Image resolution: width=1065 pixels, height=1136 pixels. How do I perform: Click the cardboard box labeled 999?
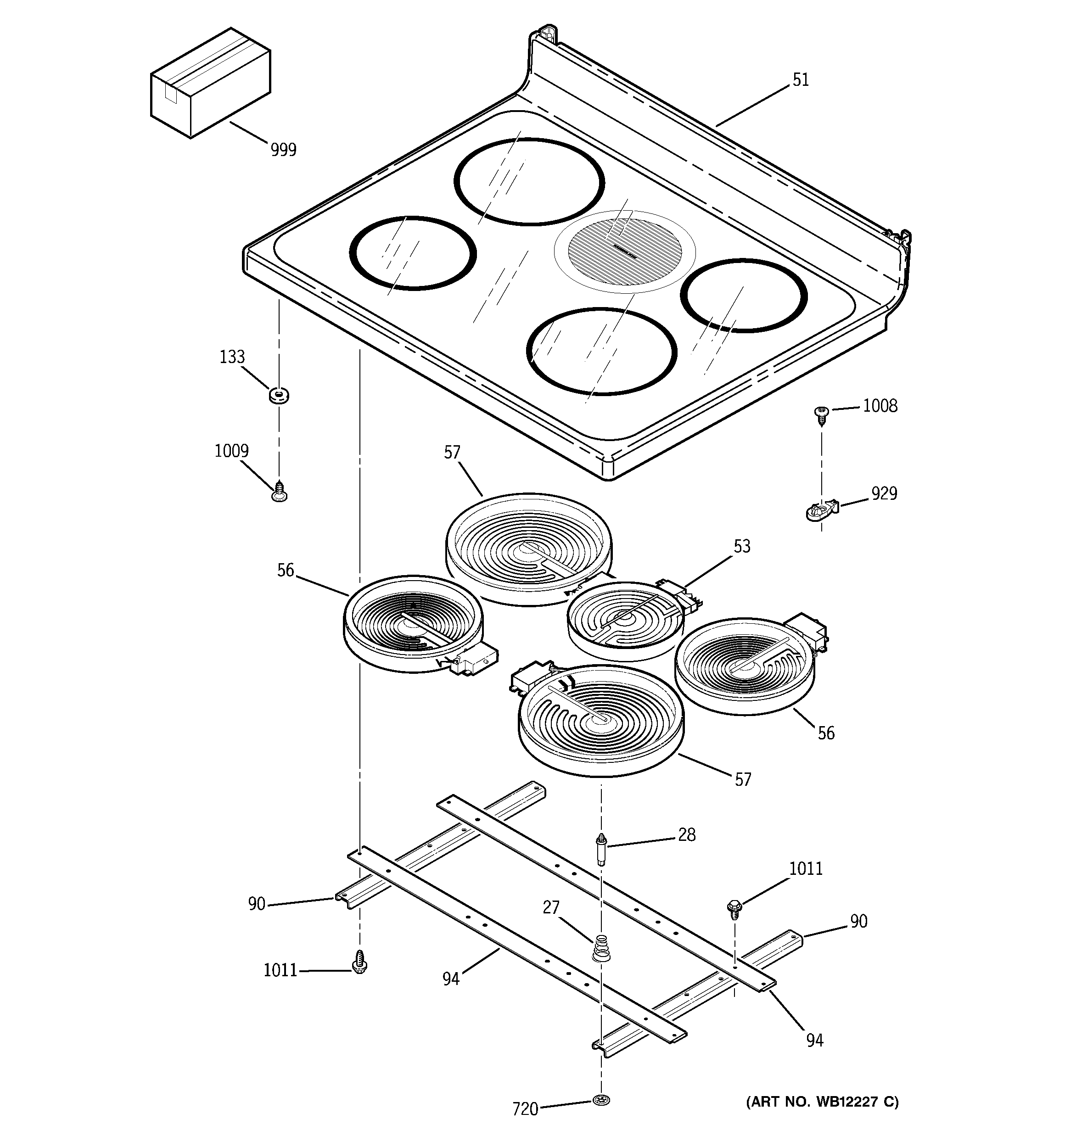tap(210, 84)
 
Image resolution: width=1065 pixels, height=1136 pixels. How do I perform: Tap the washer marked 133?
tap(278, 394)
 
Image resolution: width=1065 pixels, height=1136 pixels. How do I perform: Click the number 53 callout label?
tap(741, 546)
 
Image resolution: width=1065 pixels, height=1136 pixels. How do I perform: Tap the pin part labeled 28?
tap(600, 849)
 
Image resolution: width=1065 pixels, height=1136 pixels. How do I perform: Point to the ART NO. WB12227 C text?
tap(823, 1101)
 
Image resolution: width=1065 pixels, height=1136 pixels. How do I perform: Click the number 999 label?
tap(284, 150)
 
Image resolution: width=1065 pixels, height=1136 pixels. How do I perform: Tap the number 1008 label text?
tap(880, 406)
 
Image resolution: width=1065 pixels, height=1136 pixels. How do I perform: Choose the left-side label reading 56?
tap(285, 570)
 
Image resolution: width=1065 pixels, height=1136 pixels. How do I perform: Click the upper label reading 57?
tap(452, 453)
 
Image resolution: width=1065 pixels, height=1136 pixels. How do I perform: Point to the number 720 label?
tap(525, 1109)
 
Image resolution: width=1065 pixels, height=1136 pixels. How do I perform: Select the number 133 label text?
tap(232, 357)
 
